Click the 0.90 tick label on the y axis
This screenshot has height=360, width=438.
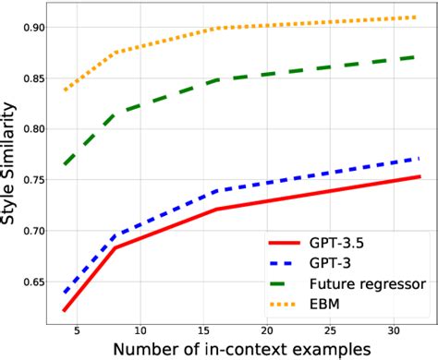28,28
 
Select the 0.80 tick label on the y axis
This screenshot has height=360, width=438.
28,129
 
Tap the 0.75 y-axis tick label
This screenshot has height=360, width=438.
28,180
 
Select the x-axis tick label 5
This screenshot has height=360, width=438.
77,329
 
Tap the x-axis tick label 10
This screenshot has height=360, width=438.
140,329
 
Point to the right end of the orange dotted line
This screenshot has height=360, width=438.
420,17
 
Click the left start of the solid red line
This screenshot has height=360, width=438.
64,310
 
